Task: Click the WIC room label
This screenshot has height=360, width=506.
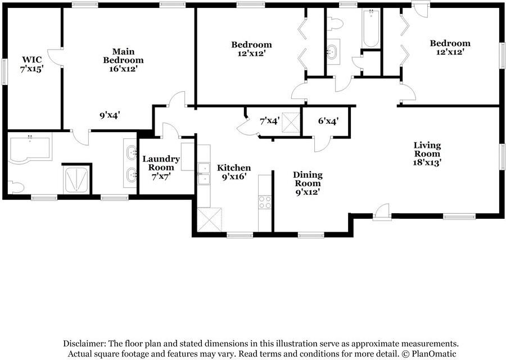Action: [32, 64]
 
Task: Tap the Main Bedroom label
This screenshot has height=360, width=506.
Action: [123, 60]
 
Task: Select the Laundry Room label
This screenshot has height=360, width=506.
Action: [161, 167]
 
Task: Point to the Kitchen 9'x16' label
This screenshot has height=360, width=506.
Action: [234, 172]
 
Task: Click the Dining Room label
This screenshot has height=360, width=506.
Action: [308, 183]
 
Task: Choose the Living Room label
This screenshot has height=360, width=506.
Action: [427, 154]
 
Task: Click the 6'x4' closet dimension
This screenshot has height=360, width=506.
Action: [328, 121]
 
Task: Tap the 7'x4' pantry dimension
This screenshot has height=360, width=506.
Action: [270, 121]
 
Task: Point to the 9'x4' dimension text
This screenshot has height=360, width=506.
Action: [110, 115]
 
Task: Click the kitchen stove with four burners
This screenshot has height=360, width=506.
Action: [265, 202]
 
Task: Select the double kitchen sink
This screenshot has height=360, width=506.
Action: [204, 174]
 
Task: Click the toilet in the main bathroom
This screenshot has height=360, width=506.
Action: [16, 187]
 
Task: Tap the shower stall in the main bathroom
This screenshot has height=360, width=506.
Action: [76, 180]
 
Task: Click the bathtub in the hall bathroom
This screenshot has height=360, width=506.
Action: [371, 29]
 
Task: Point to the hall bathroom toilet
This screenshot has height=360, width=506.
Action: [335, 23]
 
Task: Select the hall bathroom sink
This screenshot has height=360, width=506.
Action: [332, 52]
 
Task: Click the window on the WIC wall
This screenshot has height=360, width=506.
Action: [4, 71]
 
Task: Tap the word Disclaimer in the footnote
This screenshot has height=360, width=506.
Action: [84, 343]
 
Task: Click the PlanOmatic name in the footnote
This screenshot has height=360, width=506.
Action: [434, 354]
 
